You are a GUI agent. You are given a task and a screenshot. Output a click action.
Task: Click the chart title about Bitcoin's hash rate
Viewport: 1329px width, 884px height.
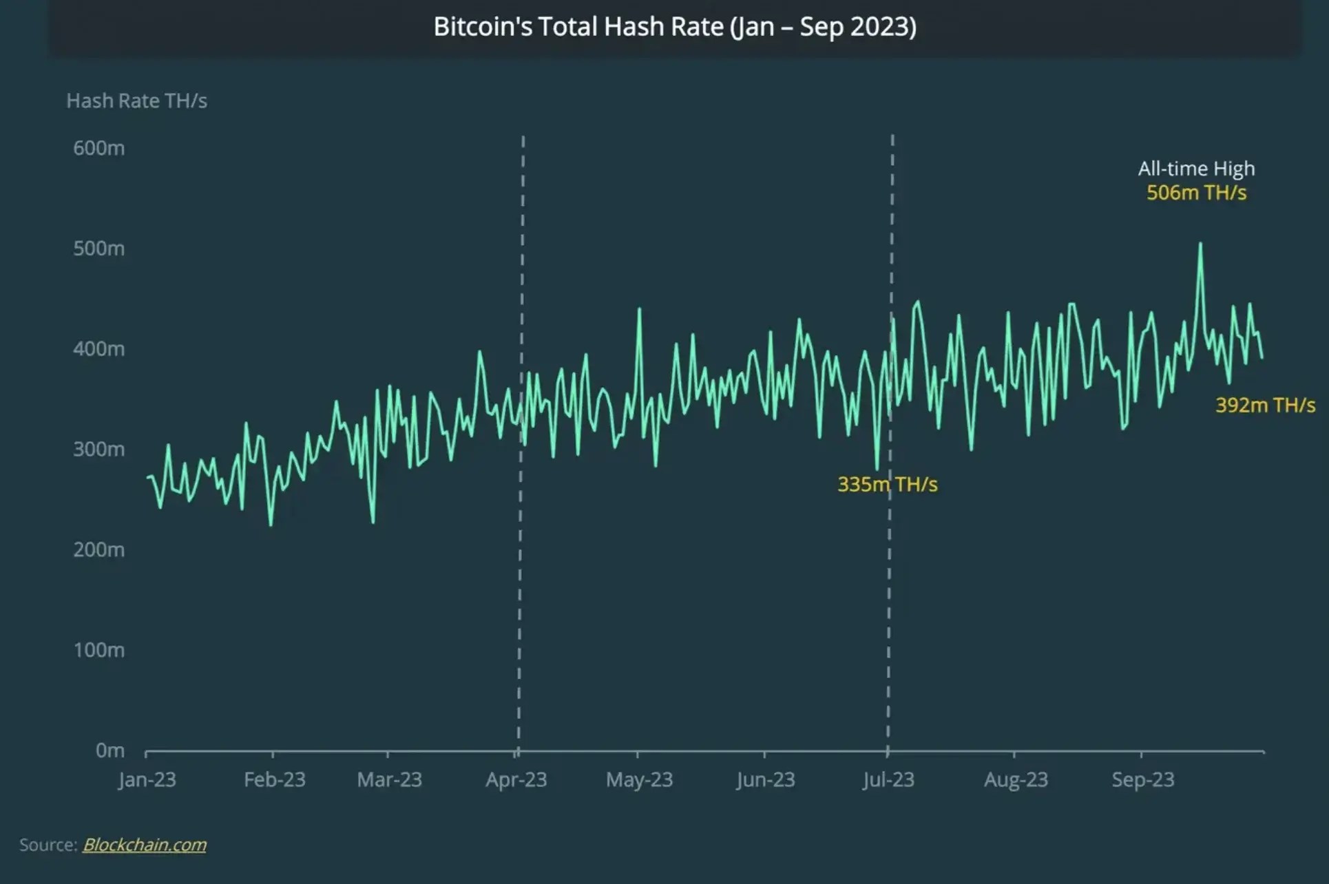click(x=675, y=27)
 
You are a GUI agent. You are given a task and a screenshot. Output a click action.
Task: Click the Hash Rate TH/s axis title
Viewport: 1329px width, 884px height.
click(x=136, y=101)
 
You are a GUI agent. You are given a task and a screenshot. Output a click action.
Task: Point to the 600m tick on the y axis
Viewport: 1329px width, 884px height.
click(x=99, y=148)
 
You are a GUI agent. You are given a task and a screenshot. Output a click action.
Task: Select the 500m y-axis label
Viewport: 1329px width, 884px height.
click(x=99, y=249)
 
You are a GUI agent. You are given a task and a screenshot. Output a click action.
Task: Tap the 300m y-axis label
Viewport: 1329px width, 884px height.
click(x=99, y=450)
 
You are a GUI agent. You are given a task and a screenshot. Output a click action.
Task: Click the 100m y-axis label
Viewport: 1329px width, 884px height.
click(x=99, y=650)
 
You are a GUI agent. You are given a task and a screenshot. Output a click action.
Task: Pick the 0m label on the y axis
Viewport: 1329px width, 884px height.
click(x=110, y=750)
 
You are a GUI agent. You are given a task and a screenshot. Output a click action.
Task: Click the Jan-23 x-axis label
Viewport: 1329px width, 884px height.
click(x=147, y=780)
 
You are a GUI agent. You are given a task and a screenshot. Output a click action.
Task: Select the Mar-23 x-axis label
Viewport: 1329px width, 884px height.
click(x=389, y=780)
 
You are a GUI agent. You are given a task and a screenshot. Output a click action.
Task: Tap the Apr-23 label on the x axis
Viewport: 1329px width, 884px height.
click(x=516, y=780)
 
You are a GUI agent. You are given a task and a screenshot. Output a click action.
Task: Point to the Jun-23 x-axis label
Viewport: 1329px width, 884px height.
click(x=765, y=780)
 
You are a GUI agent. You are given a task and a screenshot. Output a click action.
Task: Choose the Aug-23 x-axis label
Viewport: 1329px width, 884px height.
click(x=1016, y=780)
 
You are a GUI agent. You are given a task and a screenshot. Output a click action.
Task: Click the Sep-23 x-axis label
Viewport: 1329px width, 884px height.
click(x=1143, y=780)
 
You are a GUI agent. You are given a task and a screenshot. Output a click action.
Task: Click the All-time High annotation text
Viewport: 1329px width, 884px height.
click(x=1196, y=169)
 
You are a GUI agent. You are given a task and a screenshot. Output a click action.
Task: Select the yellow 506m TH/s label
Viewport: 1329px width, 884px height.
click(x=1196, y=193)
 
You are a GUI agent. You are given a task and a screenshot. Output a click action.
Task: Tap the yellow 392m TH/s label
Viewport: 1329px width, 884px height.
click(x=1265, y=406)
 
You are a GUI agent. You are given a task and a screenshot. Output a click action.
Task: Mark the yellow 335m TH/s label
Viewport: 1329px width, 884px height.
click(x=887, y=485)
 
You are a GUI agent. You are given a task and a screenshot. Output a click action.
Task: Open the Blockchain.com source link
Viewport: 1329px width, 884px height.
click(x=145, y=845)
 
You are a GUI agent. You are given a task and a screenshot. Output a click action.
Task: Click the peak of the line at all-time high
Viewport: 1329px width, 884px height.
click(x=1200, y=244)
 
